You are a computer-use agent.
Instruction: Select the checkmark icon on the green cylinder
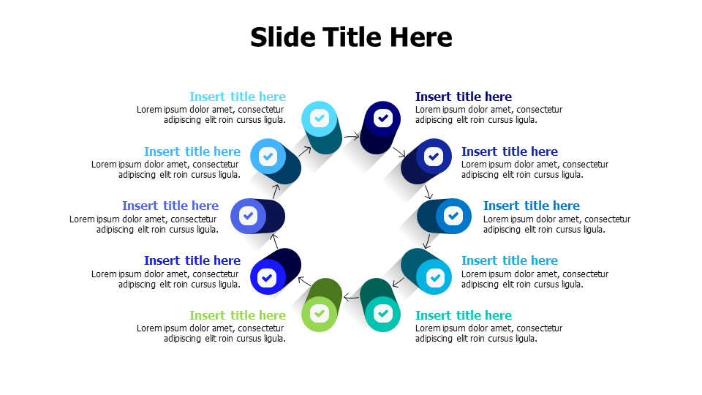pyautogui.click(x=320, y=314)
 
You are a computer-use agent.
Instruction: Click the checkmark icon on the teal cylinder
pyautogui.click(x=382, y=314)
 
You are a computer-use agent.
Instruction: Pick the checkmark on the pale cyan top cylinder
pyautogui.click(x=320, y=118)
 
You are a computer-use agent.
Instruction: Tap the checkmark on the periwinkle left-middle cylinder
pyautogui.click(x=248, y=216)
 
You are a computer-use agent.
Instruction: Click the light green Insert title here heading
pyautogui.click(x=237, y=315)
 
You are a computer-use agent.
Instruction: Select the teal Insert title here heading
pyautogui.click(x=464, y=315)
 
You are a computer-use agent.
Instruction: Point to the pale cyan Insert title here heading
pyautogui.click(x=237, y=97)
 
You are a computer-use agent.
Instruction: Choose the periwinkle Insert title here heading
pyautogui.click(x=170, y=206)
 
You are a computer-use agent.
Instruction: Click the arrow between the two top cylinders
pyautogui.click(x=352, y=136)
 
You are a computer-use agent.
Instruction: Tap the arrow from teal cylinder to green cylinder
pyautogui.click(x=352, y=297)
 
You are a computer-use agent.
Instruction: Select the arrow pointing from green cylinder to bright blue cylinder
pyautogui.click(x=304, y=281)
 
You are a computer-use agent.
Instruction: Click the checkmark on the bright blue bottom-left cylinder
pyautogui.click(x=268, y=278)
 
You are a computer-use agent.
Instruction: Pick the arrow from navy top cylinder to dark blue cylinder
pyautogui.click(x=399, y=151)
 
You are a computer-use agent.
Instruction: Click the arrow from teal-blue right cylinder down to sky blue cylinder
pyautogui.click(x=428, y=241)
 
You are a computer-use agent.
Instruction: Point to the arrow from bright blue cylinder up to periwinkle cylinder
pyautogui.click(x=275, y=241)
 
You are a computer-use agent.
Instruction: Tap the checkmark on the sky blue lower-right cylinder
pyautogui.click(x=434, y=278)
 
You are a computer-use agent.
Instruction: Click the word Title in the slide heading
pyautogui.click(x=352, y=37)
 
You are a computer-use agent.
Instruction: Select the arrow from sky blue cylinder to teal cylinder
pyautogui.click(x=399, y=282)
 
